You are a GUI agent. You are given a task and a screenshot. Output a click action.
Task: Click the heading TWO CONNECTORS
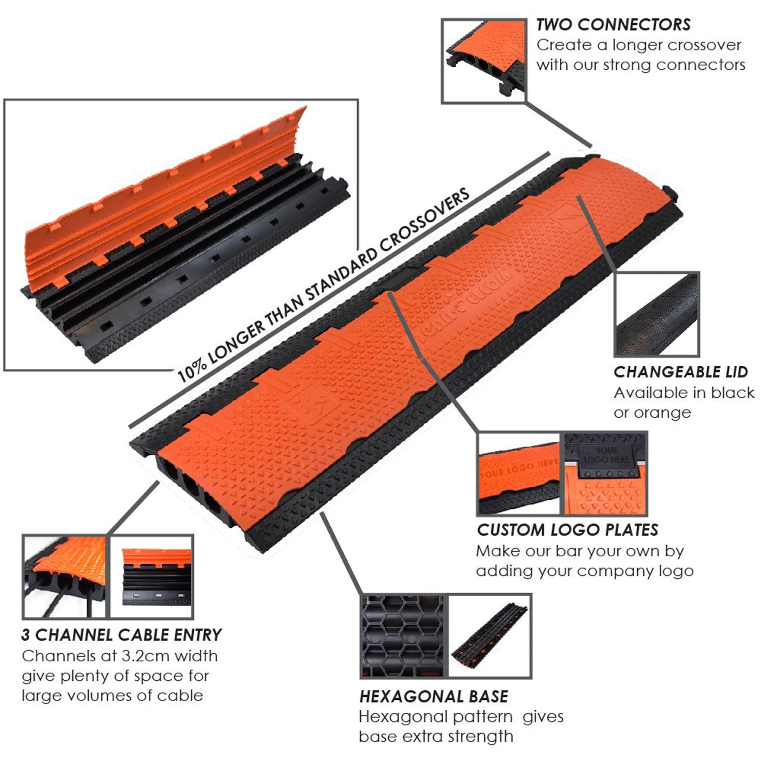coord(613,25)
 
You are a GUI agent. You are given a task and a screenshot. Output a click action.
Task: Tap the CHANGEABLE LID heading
coord(680,372)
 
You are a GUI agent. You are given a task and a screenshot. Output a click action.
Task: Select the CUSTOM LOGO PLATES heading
coord(568,530)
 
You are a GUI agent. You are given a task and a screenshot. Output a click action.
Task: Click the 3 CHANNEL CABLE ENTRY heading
coord(122,635)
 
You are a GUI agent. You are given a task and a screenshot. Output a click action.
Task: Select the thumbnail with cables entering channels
coord(65,576)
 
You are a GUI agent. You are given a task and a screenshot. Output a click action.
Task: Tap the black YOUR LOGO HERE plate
coord(606,455)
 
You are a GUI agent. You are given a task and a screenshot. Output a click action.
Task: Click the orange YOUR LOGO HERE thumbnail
coord(518,473)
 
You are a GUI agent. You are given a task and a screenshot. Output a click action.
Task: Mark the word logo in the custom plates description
coord(676,571)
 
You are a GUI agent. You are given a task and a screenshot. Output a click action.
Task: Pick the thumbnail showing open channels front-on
coord(152,576)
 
